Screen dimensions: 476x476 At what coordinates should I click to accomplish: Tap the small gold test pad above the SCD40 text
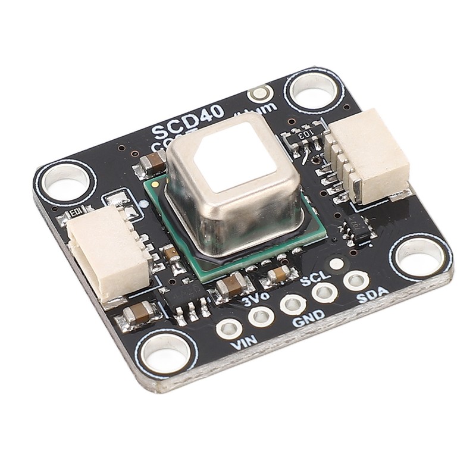pyautogui.click(x=259, y=93)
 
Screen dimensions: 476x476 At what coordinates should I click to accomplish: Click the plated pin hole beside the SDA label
pyautogui.click(x=355, y=279)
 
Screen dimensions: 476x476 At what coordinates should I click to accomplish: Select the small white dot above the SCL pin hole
pyautogui.click(x=336, y=264)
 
